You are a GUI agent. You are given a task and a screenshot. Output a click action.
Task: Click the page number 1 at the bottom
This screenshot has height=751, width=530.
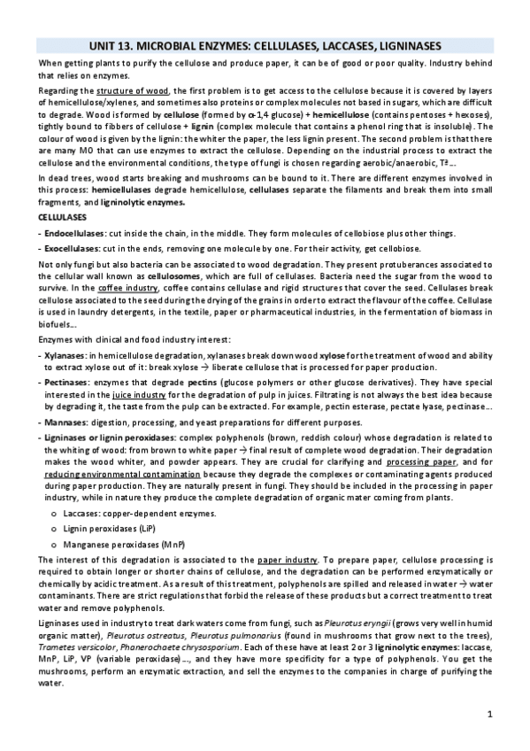pyautogui.click(x=489, y=714)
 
